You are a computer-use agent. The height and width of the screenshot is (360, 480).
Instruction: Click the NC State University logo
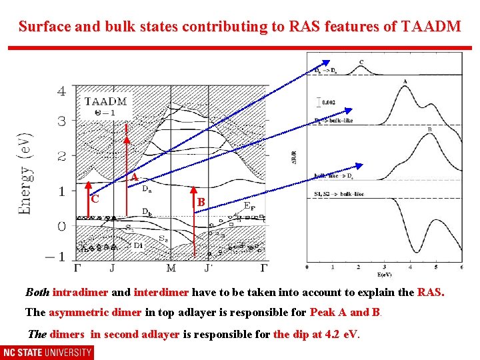coord(47,352)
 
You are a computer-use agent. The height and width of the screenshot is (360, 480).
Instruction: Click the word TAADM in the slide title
coord(431,27)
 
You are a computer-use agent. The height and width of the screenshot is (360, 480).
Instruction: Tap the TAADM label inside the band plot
coord(105,101)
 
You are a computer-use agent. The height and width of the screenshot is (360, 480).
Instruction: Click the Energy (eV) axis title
coord(25,171)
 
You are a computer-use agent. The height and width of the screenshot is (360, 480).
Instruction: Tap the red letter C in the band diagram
coord(95,199)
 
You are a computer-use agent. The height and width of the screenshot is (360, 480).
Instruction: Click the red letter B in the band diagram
coord(200,201)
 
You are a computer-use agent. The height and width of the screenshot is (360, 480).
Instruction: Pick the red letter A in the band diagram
coord(134,178)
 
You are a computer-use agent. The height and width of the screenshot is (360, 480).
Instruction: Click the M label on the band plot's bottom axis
coord(171,268)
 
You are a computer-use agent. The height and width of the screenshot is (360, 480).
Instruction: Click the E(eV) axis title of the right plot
coord(384,274)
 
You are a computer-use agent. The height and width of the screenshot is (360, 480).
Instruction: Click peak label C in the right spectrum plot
coord(361,63)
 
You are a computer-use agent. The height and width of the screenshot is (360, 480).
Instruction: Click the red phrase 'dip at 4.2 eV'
coord(316,335)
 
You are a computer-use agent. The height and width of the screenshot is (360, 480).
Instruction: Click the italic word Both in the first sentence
coord(37,292)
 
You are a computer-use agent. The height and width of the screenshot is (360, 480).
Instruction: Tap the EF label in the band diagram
coord(249,207)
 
